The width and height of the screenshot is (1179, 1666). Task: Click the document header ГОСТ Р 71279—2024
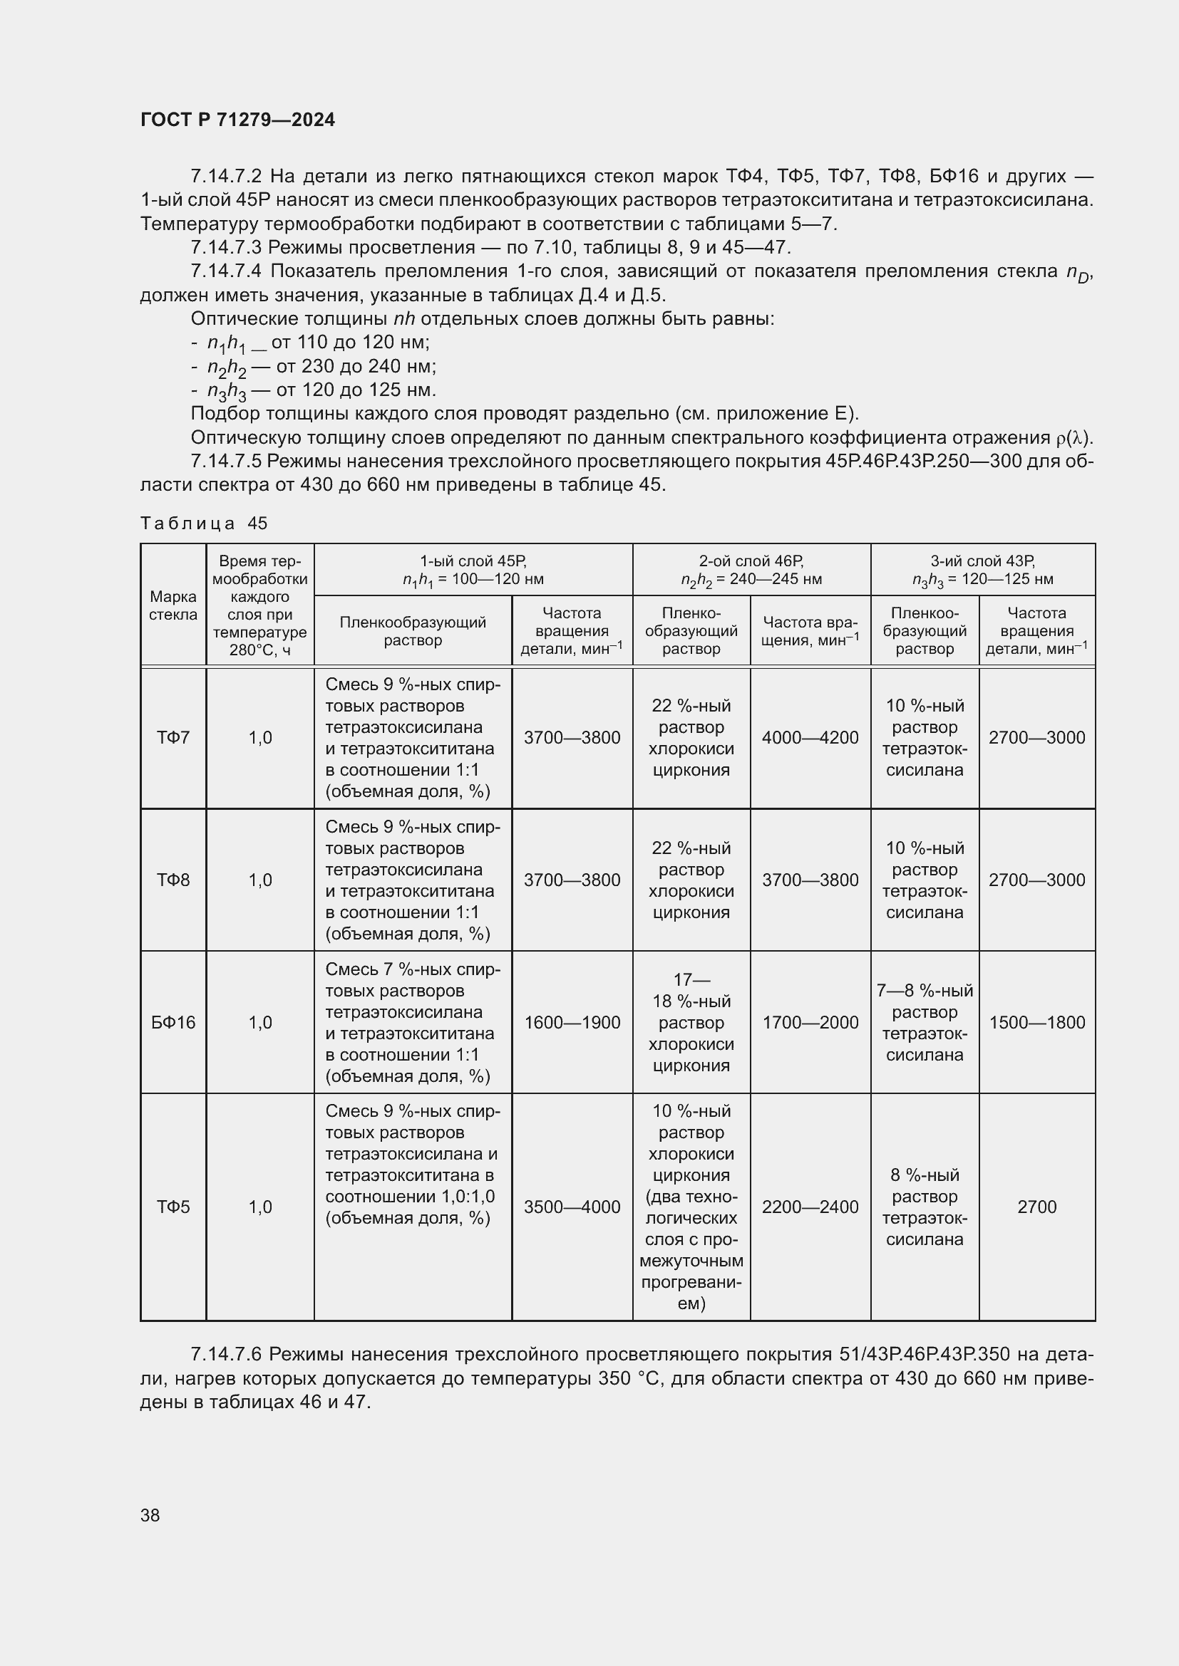(x=237, y=120)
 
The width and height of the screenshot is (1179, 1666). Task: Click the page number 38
(x=150, y=1515)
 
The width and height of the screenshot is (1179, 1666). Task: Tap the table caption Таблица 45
(x=203, y=524)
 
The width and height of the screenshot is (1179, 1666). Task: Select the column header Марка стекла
(x=173, y=605)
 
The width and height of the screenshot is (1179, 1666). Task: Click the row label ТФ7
(x=173, y=737)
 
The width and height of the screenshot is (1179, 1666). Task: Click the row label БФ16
(x=173, y=1022)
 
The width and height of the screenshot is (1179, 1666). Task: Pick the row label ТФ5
(x=173, y=1207)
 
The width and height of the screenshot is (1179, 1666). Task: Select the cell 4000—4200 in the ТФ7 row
(x=810, y=737)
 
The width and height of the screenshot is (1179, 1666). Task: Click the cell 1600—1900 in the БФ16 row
(x=572, y=1022)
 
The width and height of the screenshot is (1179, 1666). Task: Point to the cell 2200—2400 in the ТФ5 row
(x=810, y=1207)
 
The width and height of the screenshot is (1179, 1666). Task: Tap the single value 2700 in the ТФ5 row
(x=1036, y=1207)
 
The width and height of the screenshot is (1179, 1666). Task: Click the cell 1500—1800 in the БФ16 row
(x=1036, y=1022)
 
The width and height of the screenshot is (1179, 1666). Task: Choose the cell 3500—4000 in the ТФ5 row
(x=572, y=1207)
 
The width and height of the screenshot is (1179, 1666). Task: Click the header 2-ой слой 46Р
(x=751, y=561)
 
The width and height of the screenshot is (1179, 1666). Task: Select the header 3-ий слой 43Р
(x=982, y=561)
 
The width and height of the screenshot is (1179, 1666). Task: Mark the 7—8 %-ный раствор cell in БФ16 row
(x=925, y=1022)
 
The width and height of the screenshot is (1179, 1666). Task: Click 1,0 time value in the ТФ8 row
(x=260, y=880)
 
